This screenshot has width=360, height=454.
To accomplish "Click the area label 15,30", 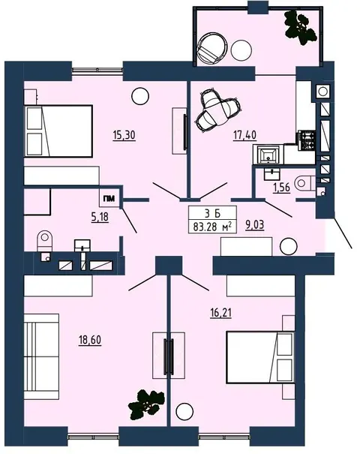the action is pyautogui.click(x=124, y=135).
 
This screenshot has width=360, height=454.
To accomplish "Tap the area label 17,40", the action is pyautogui.click(x=244, y=135).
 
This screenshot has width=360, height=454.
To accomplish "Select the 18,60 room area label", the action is pyautogui.click(x=90, y=340).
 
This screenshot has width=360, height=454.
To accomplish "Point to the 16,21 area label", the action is pyautogui.click(x=220, y=313).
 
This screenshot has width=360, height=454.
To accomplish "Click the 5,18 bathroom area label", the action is pyautogui.click(x=100, y=217).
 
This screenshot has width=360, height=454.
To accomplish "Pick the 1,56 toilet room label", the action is pyautogui.click(x=281, y=188).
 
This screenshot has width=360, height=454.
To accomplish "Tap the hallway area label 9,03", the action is pyautogui.click(x=255, y=224).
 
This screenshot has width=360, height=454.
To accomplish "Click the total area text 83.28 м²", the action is pyautogui.click(x=212, y=227).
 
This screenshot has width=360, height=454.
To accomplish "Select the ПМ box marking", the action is pyautogui.click(x=109, y=199).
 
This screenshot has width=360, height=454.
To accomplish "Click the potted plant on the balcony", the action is pyautogui.click(x=301, y=28).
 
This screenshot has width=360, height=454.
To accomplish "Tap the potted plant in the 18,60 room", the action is pyautogui.click(x=147, y=404).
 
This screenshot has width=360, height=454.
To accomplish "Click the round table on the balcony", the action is pyautogui.click(x=241, y=50).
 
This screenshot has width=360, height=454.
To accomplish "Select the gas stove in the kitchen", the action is pyautogui.click(x=307, y=140).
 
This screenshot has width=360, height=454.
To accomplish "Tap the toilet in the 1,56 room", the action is pyautogui.click(x=305, y=182).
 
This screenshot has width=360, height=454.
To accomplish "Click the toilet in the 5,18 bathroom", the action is pyautogui.click(x=45, y=241).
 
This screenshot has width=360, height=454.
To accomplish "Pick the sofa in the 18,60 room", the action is pyautogui.click(x=41, y=356).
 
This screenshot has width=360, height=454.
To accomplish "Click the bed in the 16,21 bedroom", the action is pyautogui.click(x=260, y=357).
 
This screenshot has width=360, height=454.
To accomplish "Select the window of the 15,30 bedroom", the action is pyautogui.click(x=97, y=70).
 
